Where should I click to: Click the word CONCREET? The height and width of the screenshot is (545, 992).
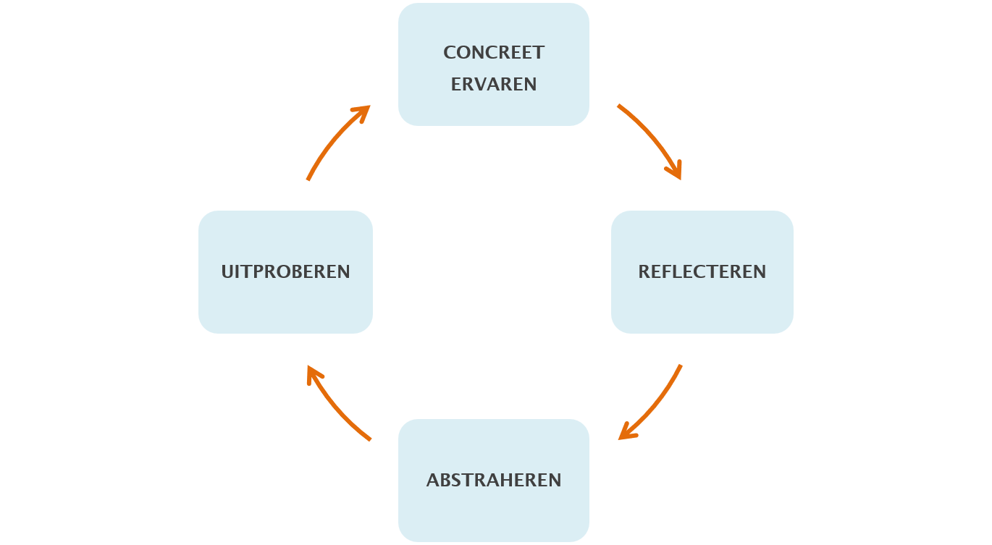coord(494,53)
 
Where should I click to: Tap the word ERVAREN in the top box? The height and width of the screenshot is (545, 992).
coord(494,85)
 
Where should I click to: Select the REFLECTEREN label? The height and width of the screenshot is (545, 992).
coord(702,272)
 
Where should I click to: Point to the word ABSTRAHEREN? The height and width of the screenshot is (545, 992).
coord(494,481)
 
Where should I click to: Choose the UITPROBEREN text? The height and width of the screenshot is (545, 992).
coord(285,272)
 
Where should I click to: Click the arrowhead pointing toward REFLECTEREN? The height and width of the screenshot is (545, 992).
coord(676,172)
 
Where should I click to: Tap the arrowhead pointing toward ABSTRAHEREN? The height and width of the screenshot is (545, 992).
coord(626,434)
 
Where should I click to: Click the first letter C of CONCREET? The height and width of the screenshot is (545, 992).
coord(449,53)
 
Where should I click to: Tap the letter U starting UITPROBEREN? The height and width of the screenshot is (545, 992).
coord(227,272)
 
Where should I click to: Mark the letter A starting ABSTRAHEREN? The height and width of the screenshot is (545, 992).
coord(432,481)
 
